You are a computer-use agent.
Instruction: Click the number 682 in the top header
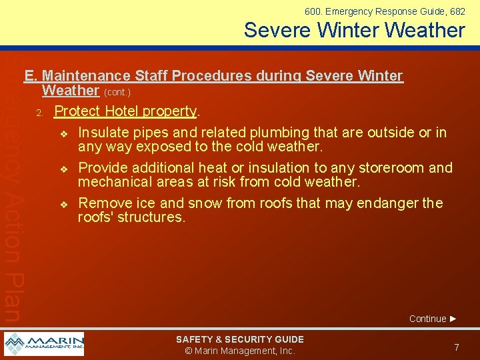pos(457,11)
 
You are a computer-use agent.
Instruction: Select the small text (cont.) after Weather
pos(117,92)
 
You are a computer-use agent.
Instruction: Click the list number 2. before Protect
pos(40,112)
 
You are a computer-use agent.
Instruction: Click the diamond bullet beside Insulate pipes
pos(63,133)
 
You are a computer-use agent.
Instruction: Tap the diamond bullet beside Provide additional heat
pos(63,169)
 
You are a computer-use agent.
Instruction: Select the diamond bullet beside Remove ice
pos(63,204)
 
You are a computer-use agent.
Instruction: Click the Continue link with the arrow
pos(433,319)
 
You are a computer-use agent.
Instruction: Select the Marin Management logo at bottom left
pos(44,344)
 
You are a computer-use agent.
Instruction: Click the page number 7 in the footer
pos(456,347)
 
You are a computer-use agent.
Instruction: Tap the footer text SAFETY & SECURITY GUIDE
pos(239,339)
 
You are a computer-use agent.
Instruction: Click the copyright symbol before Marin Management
pos(189,351)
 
